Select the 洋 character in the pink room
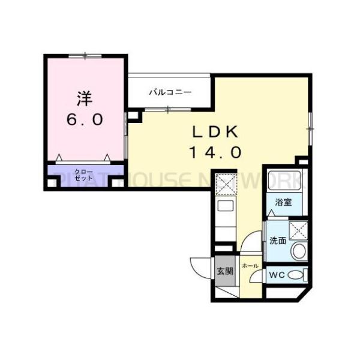pyautogui.click(x=85, y=96)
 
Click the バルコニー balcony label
pyautogui.click(x=170, y=92)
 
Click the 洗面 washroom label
pyautogui.click(x=277, y=241)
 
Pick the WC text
pyautogui.click(x=276, y=275)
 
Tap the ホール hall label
pyautogui.click(x=250, y=265)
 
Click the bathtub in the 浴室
pyautogui.click(x=286, y=180)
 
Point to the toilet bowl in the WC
pyautogui.click(x=295, y=275)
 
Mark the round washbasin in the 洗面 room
pyautogui.click(x=298, y=251)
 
